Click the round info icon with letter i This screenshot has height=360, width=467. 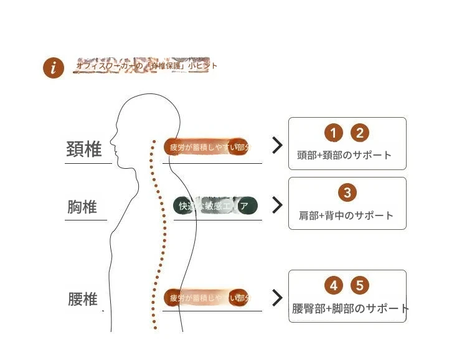tap(54, 68)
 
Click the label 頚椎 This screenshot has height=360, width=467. tap(84, 149)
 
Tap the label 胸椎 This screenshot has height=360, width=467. tap(82, 206)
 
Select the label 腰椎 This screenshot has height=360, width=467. tap(83, 299)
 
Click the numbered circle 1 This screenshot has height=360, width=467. tap(334, 133)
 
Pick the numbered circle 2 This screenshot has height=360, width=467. tap(360, 133)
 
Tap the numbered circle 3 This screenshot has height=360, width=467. tap(347, 192)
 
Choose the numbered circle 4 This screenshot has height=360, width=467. tap(334, 286)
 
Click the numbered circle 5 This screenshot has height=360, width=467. tap(360, 286)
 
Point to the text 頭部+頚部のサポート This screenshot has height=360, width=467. tap(344, 155)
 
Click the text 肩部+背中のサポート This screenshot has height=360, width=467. tap(346, 216)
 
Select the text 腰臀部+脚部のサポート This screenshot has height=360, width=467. tap(351, 308)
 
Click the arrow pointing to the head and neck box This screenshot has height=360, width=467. tap(277, 146)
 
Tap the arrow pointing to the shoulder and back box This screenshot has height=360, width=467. tap(277, 205)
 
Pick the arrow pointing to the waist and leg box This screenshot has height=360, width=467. tap(277, 298)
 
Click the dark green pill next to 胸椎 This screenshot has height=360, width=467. tap(215, 206)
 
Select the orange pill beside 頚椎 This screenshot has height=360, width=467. tap(206, 148)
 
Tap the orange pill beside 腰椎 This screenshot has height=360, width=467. tap(206, 298)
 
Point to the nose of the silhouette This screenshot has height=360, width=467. tap(111, 141)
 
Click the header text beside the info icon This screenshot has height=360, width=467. tap(146, 65)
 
